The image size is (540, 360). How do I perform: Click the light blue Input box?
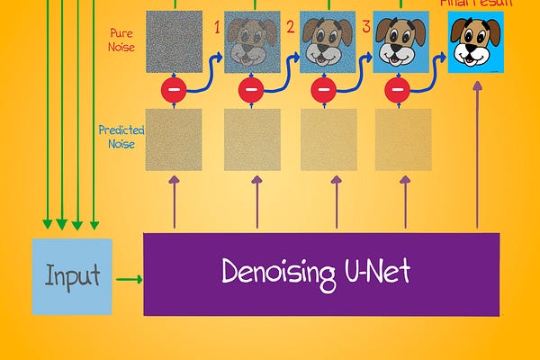[x=72, y=276]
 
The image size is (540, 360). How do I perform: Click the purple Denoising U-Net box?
[x=320, y=274]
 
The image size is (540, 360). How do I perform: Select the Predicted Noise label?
[x=121, y=136]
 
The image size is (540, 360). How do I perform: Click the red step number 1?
[x=216, y=28]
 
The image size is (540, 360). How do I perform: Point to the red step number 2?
[x=290, y=28]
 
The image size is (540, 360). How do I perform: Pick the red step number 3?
[x=365, y=27]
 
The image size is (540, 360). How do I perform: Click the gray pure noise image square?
[x=174, y=40]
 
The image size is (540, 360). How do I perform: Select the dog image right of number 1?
[x=252, y=42]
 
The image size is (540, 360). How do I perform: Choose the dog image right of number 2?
[x=327, y=42]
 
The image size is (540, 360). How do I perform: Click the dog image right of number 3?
[x=400, y=42]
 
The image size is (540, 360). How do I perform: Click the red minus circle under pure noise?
[x=174, y=89]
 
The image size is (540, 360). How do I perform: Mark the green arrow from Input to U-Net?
[x=129, y=279]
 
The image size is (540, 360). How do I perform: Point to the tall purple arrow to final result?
[x=476, y=153]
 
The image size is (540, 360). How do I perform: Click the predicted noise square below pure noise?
[x=174, y=139]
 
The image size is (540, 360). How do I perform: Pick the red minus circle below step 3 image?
[x=397, y=89]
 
